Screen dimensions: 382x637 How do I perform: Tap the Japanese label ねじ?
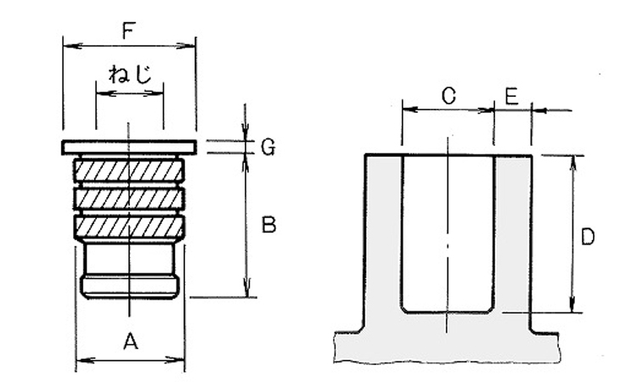coord(129,73)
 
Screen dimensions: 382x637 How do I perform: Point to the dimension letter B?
coord(268,226)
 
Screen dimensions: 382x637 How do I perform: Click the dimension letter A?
coord(130,343)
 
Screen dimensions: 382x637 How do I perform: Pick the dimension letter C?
coord(449,96)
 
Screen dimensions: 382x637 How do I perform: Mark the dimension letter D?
coord(588,239)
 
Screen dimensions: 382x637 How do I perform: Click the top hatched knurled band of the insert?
coord(129,171)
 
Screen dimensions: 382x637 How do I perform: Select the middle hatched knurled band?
coord(129,199)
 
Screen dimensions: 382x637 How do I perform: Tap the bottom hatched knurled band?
coord(129,227)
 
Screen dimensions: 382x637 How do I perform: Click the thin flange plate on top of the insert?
coord(129,147)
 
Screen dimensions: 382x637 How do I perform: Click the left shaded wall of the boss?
coord(383,238)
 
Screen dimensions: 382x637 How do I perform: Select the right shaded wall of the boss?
coord(512,238)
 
